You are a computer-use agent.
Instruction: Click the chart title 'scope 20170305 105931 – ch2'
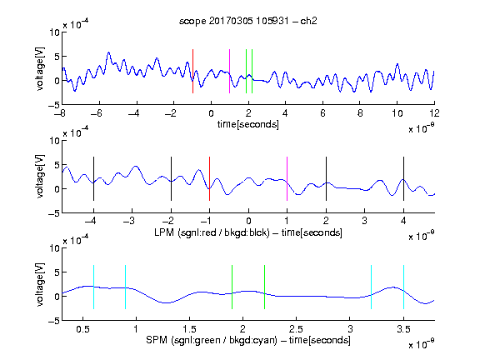(x=248, y=21)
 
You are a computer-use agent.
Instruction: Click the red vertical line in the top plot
(x=192, y=71)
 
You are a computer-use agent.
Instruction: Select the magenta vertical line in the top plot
(x=230, y=71)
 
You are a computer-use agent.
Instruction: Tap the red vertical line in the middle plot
(x=209, y=179)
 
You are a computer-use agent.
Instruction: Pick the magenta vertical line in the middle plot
(x=287, y=179)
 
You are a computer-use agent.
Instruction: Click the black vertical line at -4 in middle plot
(x=93, y=179)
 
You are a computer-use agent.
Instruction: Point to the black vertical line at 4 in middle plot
(x=403, y=179)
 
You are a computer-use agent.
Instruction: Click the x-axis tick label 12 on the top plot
(x=434, y=113)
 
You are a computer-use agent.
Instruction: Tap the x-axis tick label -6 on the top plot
(x=96, y=113)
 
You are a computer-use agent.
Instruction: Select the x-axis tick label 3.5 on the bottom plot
(x=403, y=329)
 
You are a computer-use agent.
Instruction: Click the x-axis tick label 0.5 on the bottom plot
(x=83, y=329)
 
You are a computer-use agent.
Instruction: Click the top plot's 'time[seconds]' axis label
(x=248, y=124)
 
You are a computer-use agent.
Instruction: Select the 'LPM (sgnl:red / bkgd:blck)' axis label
(x=212, y=232)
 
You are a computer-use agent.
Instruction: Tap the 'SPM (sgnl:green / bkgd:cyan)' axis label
(x=212, y=340)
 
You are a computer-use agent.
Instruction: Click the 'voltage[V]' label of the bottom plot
(x=40, y=284)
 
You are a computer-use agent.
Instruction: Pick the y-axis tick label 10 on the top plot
(x=55, y=32)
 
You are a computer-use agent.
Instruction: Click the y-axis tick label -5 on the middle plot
(x=54, y=213)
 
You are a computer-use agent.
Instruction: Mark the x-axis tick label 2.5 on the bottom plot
(x=296, y=329)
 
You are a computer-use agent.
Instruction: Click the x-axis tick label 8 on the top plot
(x=360, y=113)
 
